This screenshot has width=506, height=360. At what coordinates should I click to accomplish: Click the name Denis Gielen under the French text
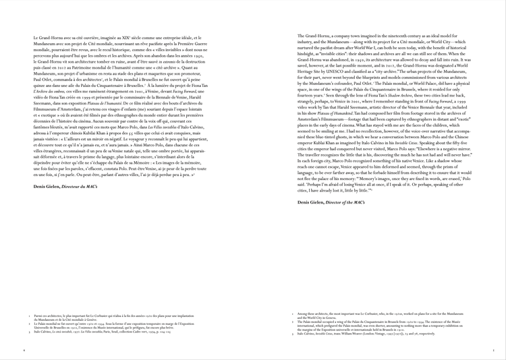48,184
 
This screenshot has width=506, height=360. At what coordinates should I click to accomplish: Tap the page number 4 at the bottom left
24,351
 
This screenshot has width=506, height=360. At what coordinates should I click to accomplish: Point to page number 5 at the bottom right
495,351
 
